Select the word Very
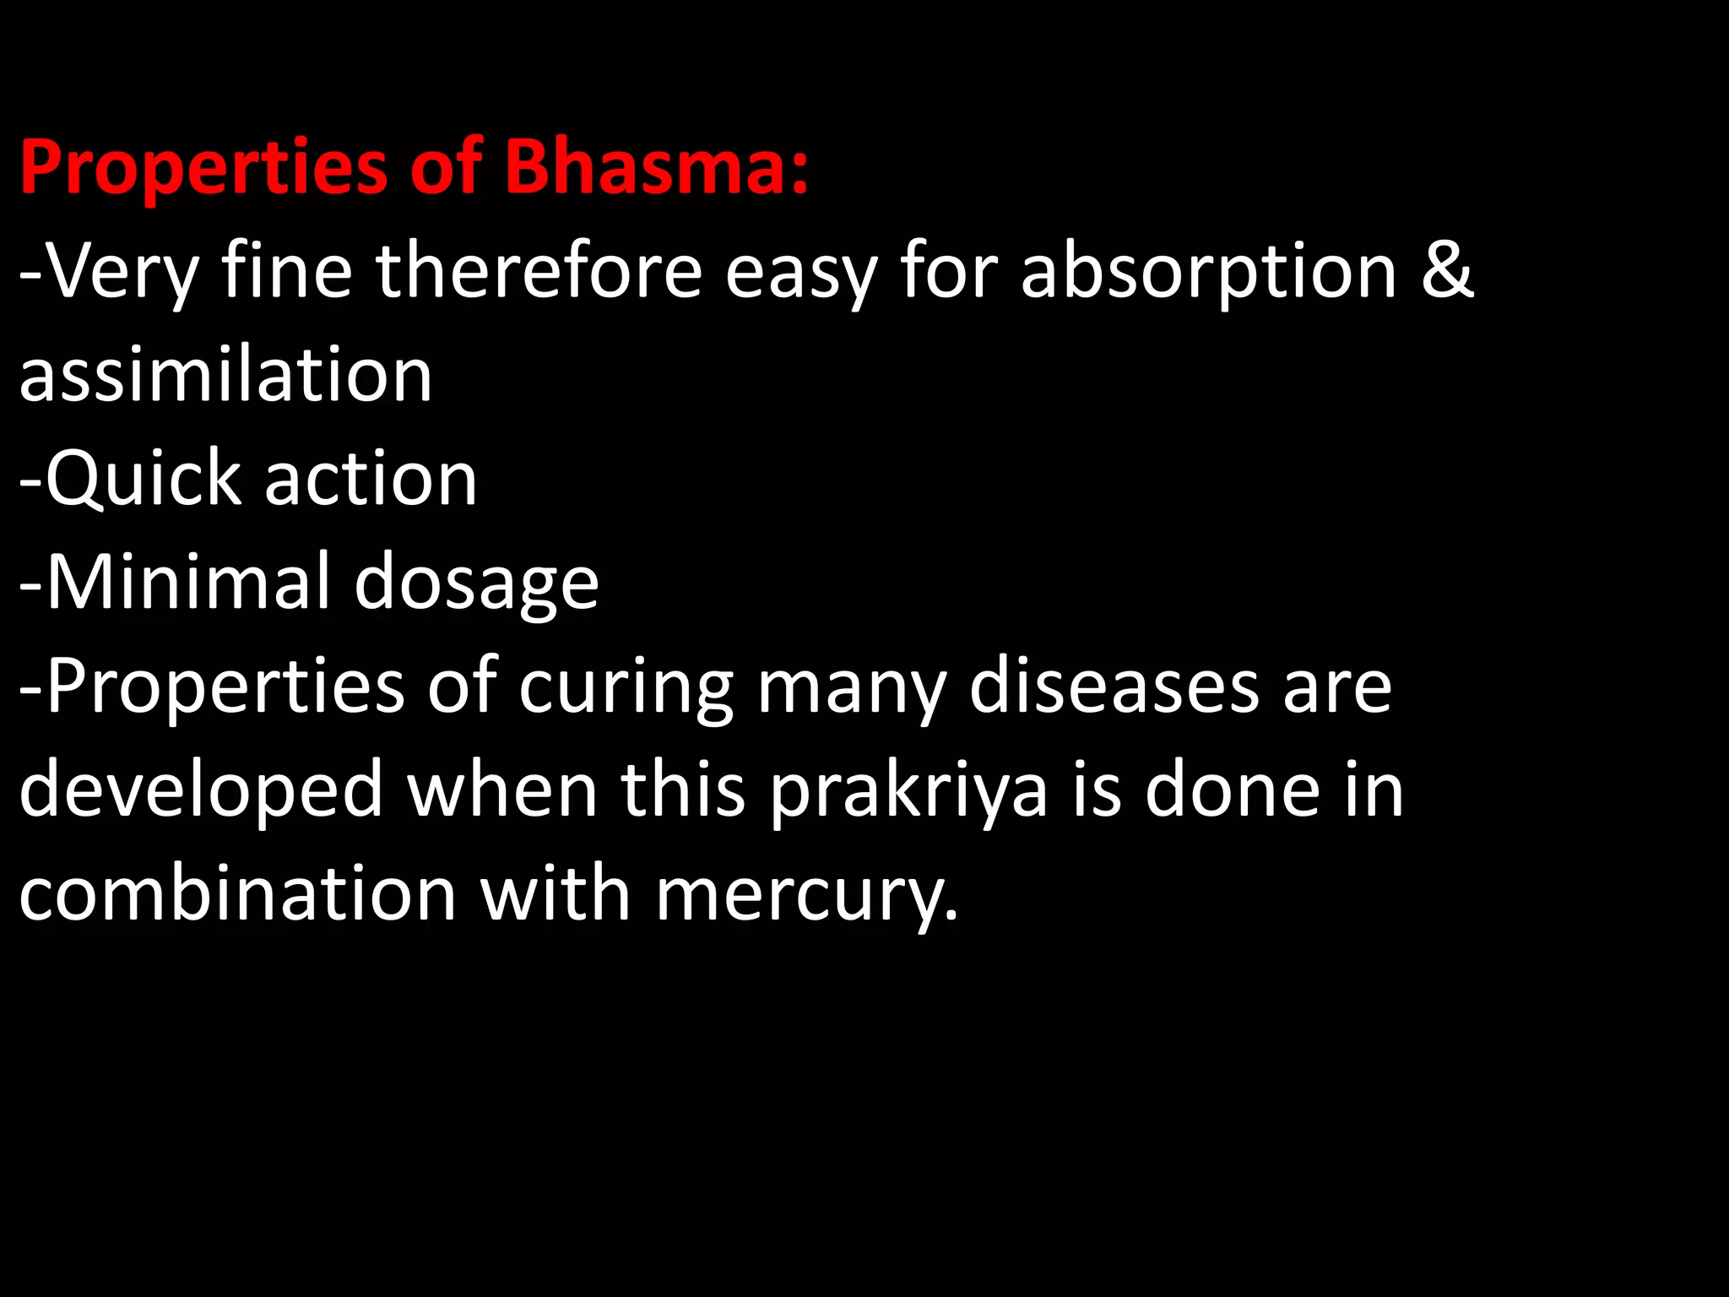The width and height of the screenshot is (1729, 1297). click(x=122, y=272)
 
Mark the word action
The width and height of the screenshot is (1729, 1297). click(x=371, y=479)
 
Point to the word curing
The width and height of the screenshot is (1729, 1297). click(x=626, y=687)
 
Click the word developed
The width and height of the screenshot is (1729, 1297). click(x=201, y=791)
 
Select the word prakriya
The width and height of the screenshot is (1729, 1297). click(x=908, y=791)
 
